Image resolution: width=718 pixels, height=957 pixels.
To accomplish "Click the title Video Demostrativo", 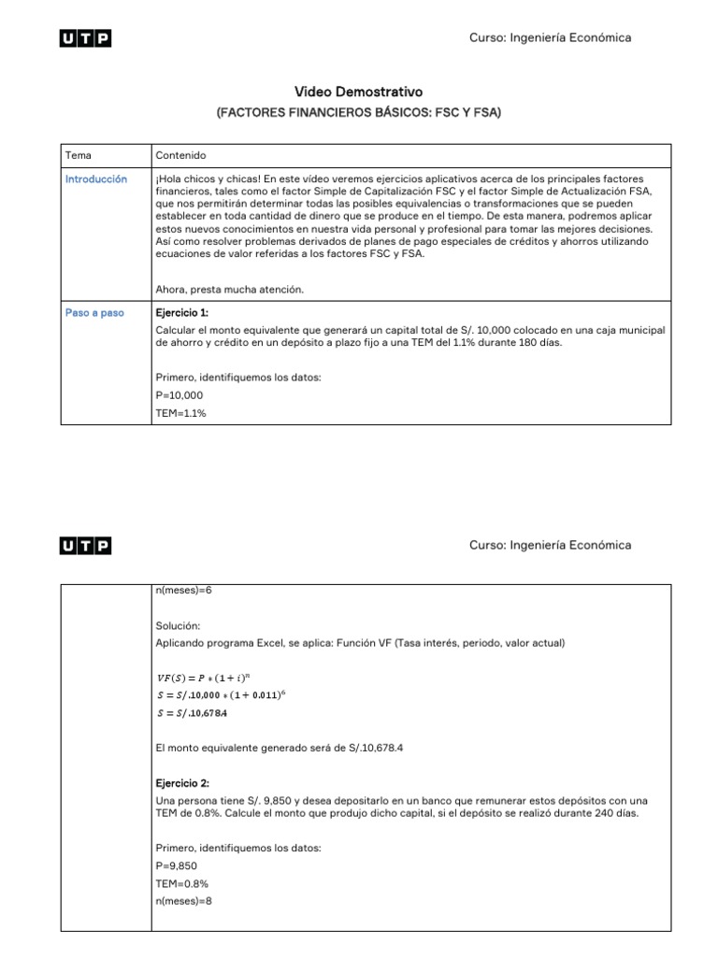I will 359,92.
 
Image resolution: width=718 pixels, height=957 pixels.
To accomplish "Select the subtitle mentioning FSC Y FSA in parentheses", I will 359,112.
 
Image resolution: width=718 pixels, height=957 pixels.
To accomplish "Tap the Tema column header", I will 79,155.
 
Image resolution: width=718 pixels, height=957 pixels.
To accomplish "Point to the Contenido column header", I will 181,155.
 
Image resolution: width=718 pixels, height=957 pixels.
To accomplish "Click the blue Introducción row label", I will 96,179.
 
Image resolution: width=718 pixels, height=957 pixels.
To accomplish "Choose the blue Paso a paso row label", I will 94,313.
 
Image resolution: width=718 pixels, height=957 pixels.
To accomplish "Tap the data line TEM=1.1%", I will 181,412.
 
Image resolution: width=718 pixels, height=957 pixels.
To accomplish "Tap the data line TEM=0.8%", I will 182,883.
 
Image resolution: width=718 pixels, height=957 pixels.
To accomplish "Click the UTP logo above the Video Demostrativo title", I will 85,38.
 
